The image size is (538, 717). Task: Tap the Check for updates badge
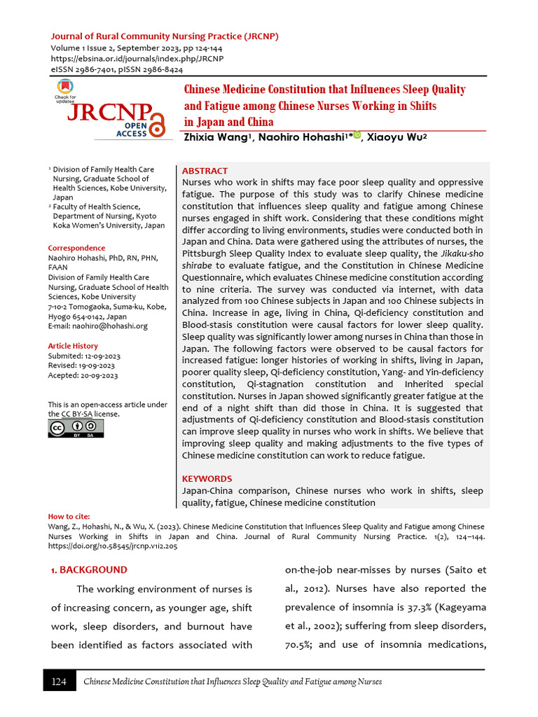coord(67,90)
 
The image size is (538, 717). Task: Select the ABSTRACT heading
coord(205,171)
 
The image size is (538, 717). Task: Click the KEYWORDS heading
coord(207,478)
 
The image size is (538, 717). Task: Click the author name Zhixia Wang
coord(216,137)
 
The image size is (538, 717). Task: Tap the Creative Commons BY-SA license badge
coord(75,429)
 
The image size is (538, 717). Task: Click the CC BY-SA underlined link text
coord(76,414)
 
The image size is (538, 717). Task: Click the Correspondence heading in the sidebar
coord(76,248)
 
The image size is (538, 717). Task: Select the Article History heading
coord(73,346)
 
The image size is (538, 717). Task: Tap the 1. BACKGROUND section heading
coord(89,570)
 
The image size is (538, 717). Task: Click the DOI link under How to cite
coord(112,546)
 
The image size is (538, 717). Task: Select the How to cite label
coord(69,516)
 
